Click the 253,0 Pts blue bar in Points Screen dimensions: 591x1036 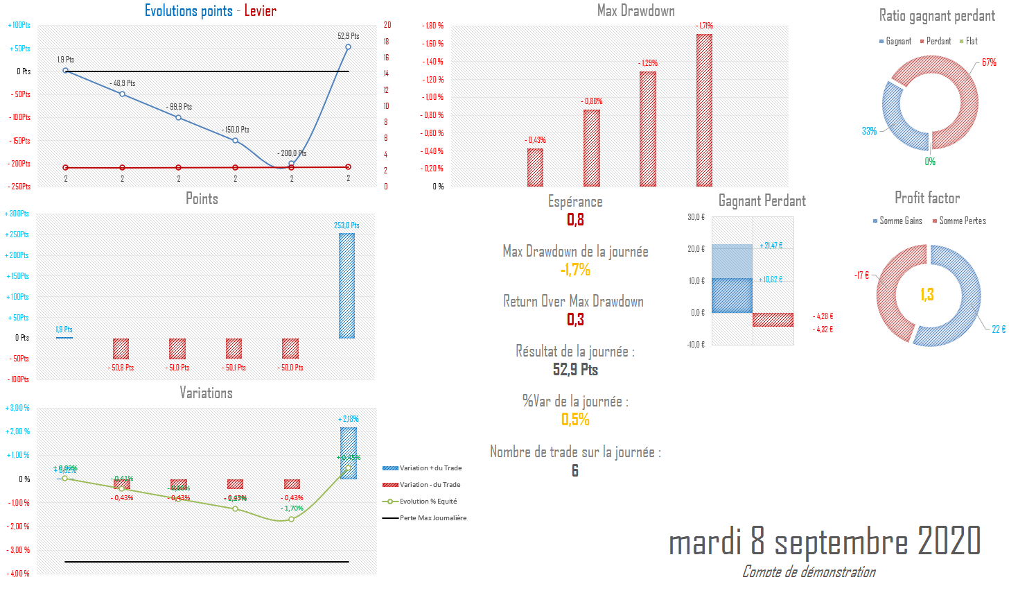tap(346, 286)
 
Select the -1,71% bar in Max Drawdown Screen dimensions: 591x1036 tap(704, 110)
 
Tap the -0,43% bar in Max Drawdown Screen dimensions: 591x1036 tap(535, 167)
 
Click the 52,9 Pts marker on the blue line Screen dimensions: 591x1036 tap(348, 47)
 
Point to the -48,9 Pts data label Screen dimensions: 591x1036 tap(123, 83)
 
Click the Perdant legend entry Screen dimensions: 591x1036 tap(936, 42)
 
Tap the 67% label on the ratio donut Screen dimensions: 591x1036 tap(989, 62)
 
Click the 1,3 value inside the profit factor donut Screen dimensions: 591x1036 tap(927, 295)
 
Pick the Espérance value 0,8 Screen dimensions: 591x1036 tap(575, 220)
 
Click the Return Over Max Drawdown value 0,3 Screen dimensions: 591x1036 tap(575, 320)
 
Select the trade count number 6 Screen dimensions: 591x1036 tap(575, 471)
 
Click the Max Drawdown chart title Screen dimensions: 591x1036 tap(635, 10)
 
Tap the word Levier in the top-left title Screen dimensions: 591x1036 tap(260, 10)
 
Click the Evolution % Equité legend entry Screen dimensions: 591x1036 tap(428, 502)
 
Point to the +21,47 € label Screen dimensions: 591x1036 tap(771, 246)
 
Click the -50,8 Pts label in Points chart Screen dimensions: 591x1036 tap(121, 368)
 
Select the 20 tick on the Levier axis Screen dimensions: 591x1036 tap(387, 25)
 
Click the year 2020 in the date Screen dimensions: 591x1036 tap(949, 541)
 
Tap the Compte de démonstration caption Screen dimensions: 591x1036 tap(809, 572)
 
